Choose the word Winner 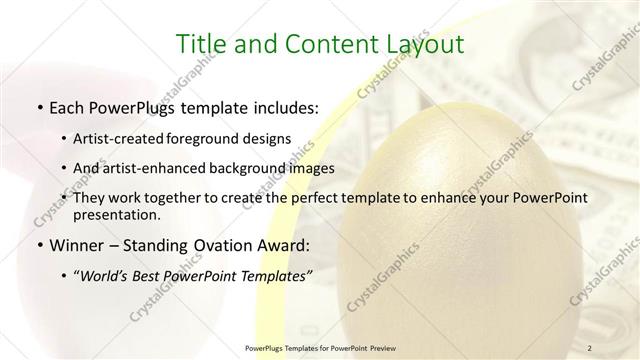pyautogui.click(x=79, y=245)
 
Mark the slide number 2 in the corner pyautogui.click(x=592, y=346)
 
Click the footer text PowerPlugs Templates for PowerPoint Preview pyautogui.click(x=319, y=346)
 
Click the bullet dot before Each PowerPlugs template pyautogui.click(x=38, y=106)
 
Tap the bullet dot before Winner pyautogui.click(x=38, y=246)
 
